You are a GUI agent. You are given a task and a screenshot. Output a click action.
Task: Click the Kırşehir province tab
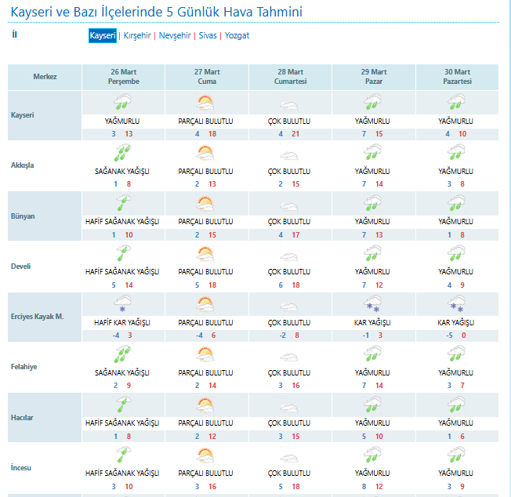tap(136, 36)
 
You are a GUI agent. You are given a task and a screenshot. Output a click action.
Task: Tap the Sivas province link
tap(208, 36)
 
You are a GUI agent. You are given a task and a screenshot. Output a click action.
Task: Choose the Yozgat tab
tap(237, 36)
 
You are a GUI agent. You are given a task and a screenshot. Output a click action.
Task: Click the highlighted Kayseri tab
tap(103, 36)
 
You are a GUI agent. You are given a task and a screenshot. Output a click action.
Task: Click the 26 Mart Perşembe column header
tap(123, 76)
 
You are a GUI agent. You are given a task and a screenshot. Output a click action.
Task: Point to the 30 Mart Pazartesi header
tap(455, 76)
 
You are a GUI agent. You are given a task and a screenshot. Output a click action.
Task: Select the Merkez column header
tap(45, 77)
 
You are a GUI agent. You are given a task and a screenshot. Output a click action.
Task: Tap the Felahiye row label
tap(25, 366)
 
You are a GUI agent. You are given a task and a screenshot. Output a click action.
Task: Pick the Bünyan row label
tap(23, 216)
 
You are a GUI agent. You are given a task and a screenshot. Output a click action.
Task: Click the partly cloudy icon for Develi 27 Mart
tap(206, 254)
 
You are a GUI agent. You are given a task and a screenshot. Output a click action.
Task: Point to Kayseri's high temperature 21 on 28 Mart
tap(296, 134)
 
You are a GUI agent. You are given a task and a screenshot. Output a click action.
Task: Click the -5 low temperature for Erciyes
tap(448, 336)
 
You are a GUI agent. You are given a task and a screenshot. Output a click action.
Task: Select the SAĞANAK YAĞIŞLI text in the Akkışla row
tap(122, 172)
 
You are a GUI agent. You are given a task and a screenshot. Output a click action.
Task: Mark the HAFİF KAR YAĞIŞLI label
tap(122, 323)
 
